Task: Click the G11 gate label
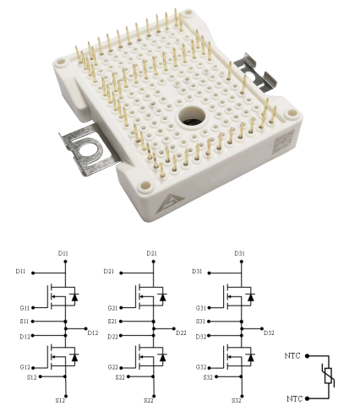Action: coord(25,308)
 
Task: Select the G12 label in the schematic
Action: coord(25,367)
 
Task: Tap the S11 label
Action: coord(25,322)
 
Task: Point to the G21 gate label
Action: coord(112,308)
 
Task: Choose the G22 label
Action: coord(112,367)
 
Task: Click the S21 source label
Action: coord(112,322)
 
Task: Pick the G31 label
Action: coord(201,308)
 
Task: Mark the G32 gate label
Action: coord(201,367)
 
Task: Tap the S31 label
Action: coord(200,322)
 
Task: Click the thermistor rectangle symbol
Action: coord(328,376)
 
